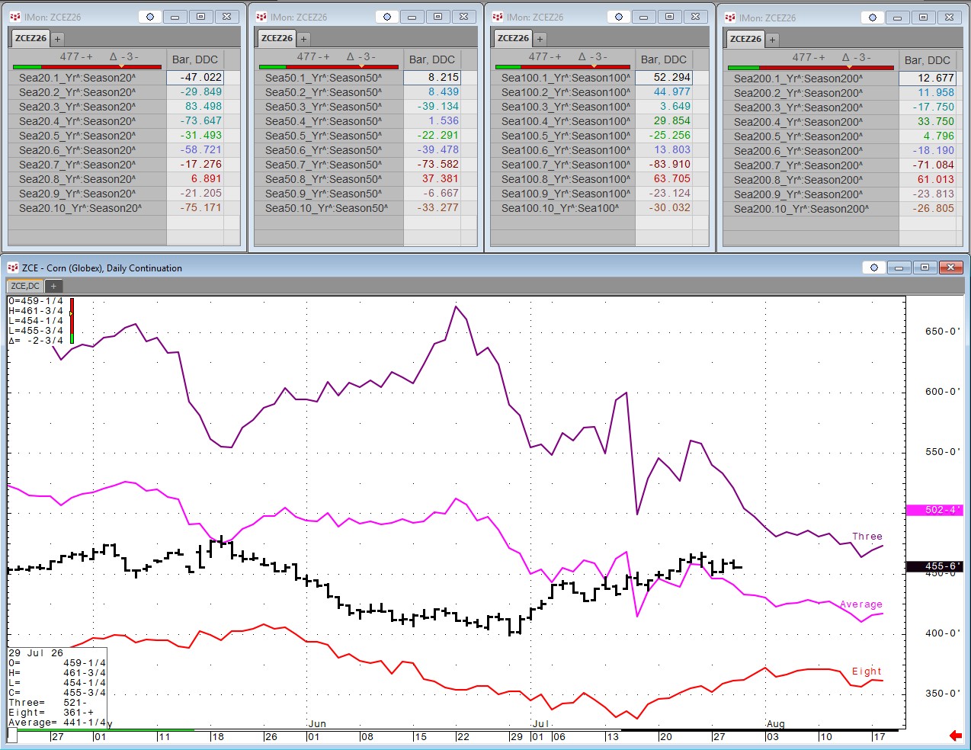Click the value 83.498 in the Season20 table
point(203,106)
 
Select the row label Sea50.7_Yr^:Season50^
point(323,165)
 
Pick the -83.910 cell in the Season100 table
point(669,164)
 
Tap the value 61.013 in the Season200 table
point(936,179)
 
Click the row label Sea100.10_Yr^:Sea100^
point(560,208)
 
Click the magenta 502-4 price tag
point(934,510)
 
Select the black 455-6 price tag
point(934,566)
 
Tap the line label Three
point(867,536)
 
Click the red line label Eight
point(867,671)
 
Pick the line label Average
point(861,604)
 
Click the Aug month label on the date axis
point(775,723)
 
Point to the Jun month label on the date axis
point(317,723)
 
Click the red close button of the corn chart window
point(950,267)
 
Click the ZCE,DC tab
point(25,286)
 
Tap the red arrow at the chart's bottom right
point(955,735)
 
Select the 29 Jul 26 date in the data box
point(36,652)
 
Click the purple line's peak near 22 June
point(456,306)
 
